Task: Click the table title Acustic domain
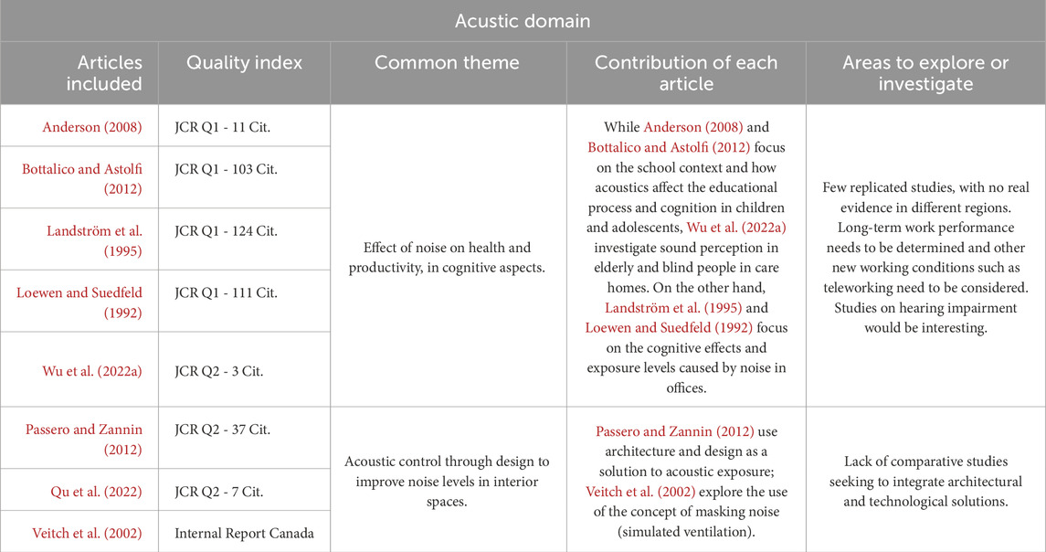tap(523, 20)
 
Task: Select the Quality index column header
tap(244, 63)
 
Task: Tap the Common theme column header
tap(447, 63)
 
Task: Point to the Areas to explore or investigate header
tap(925, 73)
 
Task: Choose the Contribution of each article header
tap(685, 73)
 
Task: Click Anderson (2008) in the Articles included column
tap(92, 127)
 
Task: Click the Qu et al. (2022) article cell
tap(97, 492)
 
